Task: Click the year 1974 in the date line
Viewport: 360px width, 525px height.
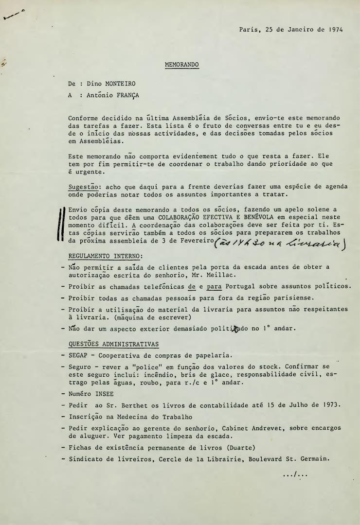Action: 335,29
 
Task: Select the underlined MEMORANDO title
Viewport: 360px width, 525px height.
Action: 182,65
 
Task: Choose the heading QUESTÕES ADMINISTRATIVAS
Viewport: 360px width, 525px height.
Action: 113,344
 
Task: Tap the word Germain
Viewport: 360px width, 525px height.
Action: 314,458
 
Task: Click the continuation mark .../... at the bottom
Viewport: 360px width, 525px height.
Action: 295,474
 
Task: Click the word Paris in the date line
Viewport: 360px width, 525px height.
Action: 249,29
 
